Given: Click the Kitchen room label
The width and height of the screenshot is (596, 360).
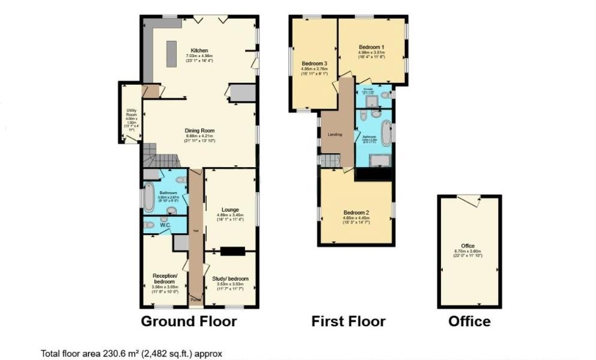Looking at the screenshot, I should (x=199, y=50).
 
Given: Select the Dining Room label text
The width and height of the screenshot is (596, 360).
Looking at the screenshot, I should (x=199, y=130).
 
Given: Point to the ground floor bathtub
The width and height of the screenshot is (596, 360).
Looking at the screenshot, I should (x=148, y=200).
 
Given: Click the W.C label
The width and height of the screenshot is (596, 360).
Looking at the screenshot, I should (x=165, y=225).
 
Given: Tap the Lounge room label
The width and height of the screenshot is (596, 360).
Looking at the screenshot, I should (x=231, y=210).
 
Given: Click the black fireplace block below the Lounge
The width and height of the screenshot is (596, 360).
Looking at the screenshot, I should (x=232, y=251).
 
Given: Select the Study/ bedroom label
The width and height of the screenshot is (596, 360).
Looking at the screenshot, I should (x=230, y=279).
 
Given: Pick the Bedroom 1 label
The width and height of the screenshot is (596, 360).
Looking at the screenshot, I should (x=372, y=47).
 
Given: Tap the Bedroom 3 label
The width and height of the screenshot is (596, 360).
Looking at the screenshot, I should (x=314, y=64).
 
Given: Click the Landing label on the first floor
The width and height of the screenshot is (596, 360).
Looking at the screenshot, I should (x=335, y=135).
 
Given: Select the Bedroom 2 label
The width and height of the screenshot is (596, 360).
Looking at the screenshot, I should (x=356, y=213).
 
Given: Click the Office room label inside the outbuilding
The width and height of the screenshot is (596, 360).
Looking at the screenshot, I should (x=468, y=246).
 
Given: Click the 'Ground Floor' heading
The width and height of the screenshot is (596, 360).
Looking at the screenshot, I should (x=189, y=322).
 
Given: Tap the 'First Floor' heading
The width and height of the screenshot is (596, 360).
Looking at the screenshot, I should (x=348, y=322).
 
